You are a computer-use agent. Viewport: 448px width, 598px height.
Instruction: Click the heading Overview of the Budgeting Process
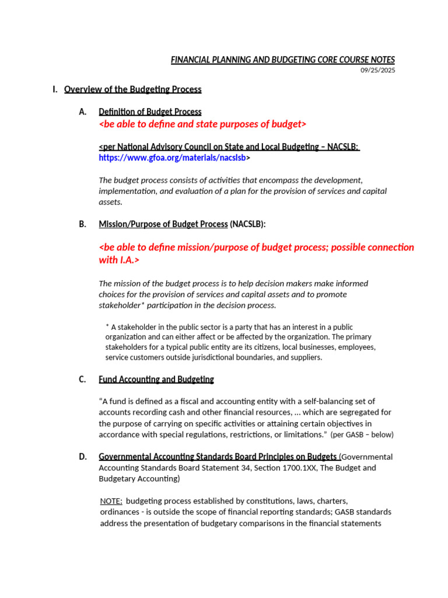pos(132,89)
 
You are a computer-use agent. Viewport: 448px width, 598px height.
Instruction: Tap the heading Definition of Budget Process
pos(150,112)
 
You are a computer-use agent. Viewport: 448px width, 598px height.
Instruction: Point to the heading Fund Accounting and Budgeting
pos(156,380)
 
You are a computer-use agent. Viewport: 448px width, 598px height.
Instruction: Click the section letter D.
pos(82,457)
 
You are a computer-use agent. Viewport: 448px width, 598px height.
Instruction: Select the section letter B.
pos(82,224)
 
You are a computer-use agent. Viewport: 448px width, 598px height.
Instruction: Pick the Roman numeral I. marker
pos(55,89)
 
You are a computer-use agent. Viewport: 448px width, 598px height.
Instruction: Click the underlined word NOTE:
pos(111,501)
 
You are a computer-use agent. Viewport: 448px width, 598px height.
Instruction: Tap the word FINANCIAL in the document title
pos(190,60)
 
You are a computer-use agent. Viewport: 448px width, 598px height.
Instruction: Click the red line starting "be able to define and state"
pos(202,124)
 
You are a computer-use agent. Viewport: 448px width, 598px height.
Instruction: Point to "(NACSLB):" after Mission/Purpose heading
pos(248,224)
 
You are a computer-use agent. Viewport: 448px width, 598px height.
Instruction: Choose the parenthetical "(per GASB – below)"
pos(362,434)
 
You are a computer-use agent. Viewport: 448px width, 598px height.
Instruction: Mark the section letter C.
pos(82,380)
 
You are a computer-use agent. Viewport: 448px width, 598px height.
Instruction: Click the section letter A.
pos(82,112)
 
